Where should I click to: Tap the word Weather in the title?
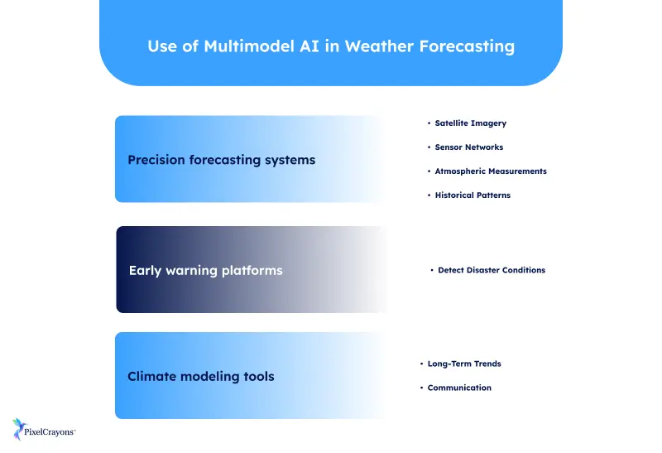(x=377, y=46)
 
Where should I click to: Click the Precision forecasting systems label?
(x=221, y=160)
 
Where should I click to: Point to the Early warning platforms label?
(x=205, y=270)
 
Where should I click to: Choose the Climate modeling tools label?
(x=200, y=376)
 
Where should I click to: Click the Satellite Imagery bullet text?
(x=470, y=123)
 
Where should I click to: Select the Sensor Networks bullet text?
(x=468, y=147)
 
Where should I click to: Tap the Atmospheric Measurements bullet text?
(x=491, y=171)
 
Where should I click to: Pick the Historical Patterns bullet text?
(x=473, y=195)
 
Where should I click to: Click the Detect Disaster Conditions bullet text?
(x=492, y=270)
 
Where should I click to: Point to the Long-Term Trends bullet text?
(x=464, y=364)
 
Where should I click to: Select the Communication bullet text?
(x=459, y=388)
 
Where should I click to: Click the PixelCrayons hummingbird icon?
(x=21, y=428)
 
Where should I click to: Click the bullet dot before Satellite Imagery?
(x=429, y=123)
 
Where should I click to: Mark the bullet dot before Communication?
(x=421, y=388)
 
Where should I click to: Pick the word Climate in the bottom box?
(x=151, y=376)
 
